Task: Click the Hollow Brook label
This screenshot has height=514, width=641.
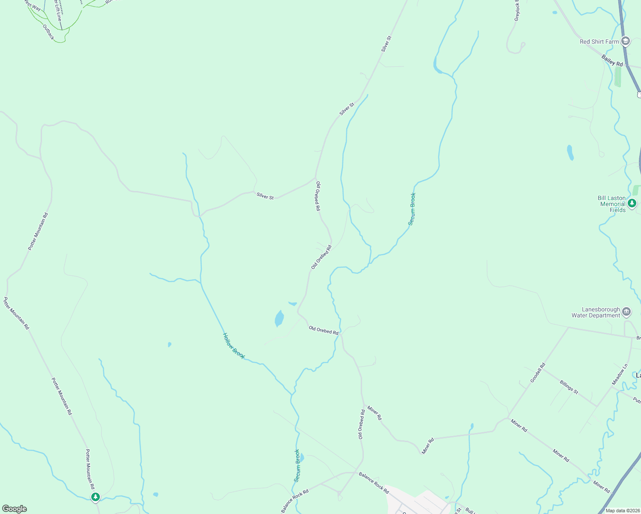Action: [x=234, y=346]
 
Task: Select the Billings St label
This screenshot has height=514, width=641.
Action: [x=569, y=387]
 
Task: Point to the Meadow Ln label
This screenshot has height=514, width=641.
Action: [x=620, y=374]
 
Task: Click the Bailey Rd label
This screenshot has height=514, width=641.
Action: [x=612, y=60]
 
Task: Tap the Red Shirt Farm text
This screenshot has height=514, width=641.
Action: [x=599, y=42]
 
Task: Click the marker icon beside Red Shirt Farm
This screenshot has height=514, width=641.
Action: [x=626, y=41]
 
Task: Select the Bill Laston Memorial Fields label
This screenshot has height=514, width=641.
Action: [x=611, y=204]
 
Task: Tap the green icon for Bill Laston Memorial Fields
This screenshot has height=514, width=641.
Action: [x=632, y=203]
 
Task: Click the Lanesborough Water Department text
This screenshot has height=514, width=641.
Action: [x=596, y=312]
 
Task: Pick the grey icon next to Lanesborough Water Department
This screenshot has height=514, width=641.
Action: [x=626, y=312]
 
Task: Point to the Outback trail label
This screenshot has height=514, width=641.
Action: [x=49, y=32]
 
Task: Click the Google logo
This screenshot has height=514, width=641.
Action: [x=15, y=509]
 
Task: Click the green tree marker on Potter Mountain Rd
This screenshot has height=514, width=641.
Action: [x=95, y=497]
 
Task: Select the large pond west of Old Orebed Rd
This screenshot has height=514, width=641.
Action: [x=279, y=319]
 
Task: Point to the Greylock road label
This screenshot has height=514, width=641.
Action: [x=517, y=11]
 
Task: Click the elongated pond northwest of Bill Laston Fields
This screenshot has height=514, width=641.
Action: [x=570, y=152]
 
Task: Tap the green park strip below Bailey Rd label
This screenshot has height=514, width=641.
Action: [x=617, y=77]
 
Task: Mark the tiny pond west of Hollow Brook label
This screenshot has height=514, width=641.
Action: [x=170, y=344]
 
